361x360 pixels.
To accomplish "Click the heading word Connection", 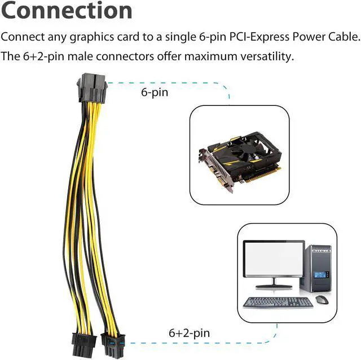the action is (67, 10).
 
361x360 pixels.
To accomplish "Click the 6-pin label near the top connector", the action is (155, 92).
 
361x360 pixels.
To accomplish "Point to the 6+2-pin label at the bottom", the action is (190, 333).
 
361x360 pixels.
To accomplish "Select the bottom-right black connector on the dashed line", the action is (113, 345).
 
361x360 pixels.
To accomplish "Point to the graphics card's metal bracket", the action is (216, 170).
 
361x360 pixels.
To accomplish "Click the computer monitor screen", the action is (274, 258).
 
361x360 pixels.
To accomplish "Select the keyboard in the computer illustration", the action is (278, 302).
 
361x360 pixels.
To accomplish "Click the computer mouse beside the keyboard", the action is (322, 299).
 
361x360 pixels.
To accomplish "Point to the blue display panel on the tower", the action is (321, 275).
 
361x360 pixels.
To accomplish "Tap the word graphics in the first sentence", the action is (92, 38).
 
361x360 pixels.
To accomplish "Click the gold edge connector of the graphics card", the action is (263, 176).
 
